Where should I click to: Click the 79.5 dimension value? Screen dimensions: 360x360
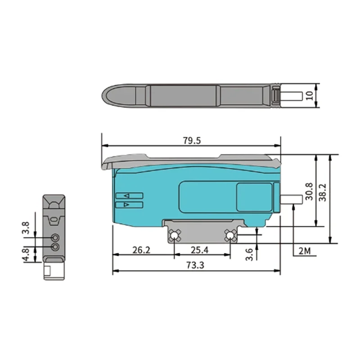pos(192,141)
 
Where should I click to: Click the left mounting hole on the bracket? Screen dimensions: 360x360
pos(175,235)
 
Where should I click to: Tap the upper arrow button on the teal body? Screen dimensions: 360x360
pos(129,196)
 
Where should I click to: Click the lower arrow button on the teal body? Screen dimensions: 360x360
pos(129,205)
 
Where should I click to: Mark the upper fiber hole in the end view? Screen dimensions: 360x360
pos(55,238)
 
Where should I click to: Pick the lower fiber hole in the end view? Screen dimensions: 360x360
pos(55,247)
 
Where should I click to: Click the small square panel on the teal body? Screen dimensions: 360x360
pos(255,197)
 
